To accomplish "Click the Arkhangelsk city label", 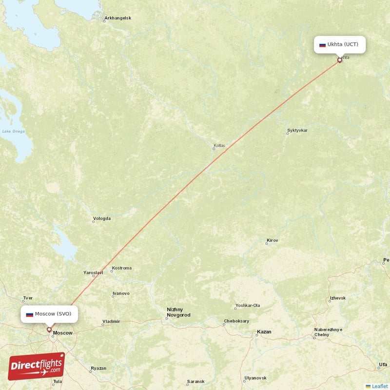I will [x=117, y=19].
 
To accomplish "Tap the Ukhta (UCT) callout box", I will [x=340, y=44].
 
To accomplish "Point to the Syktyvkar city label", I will [x=297, y=131].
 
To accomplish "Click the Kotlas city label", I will [x=219, y=146].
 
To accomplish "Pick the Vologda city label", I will [x=102, y=218].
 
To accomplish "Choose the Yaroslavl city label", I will [x=93, y=273].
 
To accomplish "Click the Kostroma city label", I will [x=121, y=268].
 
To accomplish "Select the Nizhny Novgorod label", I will [x=178, y=312].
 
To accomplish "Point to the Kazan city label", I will [x=264, y=332].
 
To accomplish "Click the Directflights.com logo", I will [x=36, y=366].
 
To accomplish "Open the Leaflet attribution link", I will [x=380, y=386].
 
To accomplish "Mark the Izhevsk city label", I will [x=337, y=298].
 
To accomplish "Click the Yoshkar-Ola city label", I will [x=248, y=306].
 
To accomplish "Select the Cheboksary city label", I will [x=236, y=321].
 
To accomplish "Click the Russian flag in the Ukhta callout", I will [x=322, y=45].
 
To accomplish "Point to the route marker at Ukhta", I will [x=340, y=60].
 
